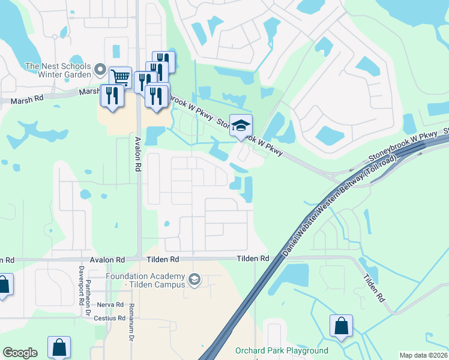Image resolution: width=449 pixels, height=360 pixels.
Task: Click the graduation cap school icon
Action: tap(241, 125)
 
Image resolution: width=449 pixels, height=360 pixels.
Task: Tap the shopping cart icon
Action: tap(120, 77)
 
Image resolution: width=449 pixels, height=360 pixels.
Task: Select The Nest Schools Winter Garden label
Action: tap(58, 70)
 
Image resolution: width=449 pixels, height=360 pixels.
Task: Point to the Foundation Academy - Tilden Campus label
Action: tap(145, 280)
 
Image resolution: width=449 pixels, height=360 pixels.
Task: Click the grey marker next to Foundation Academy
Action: tap(194, 279)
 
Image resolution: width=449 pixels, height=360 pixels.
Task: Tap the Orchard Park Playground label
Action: tap(282, 350)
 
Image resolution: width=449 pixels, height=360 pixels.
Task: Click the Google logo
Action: tap(20, 353)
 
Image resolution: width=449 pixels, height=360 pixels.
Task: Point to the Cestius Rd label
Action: tap(109, 318)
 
